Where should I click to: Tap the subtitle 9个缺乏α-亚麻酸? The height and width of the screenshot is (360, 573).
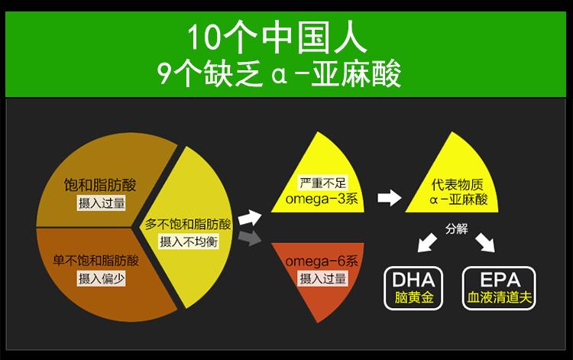click(x=286, y=74)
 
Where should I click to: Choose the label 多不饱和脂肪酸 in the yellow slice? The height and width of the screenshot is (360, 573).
click(x=188, y=225)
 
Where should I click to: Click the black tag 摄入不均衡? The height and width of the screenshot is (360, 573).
click(x=188, y=242)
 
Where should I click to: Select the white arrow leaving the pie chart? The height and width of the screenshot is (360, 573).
click(x=249, y=217)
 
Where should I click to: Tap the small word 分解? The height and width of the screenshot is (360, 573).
click(x=457, y=229)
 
